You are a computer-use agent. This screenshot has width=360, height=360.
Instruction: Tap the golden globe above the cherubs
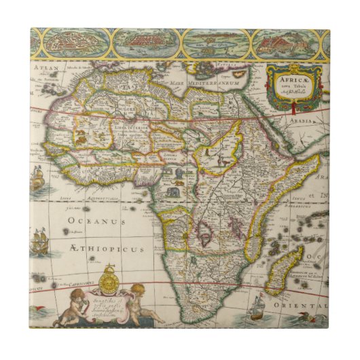[108, 280]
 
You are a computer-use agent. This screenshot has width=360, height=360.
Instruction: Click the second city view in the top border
[145, 43]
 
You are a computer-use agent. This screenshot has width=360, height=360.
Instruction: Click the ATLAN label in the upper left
[46, 68]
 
